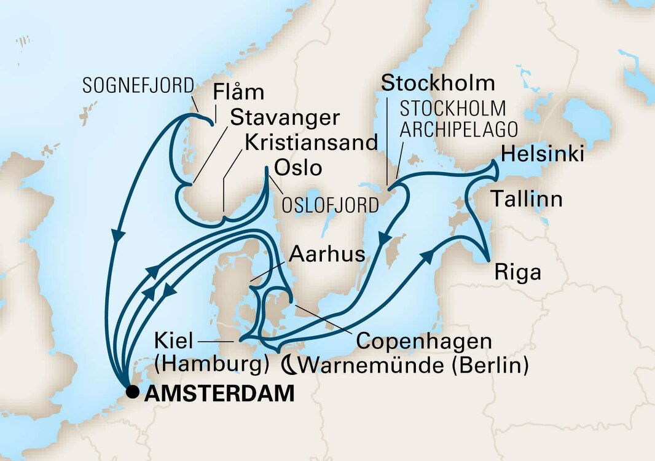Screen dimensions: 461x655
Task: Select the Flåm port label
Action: [238, 93]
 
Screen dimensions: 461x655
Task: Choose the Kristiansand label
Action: [310, 142]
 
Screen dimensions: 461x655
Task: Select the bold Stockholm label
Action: [438, 83]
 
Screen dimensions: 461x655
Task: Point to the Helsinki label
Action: [543, 154]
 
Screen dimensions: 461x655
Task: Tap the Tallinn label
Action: [526, 199]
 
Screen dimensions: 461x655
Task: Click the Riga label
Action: [517, 272]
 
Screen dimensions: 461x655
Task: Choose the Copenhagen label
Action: [424, 341]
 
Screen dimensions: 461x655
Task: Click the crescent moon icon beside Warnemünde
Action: [289, 365]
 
